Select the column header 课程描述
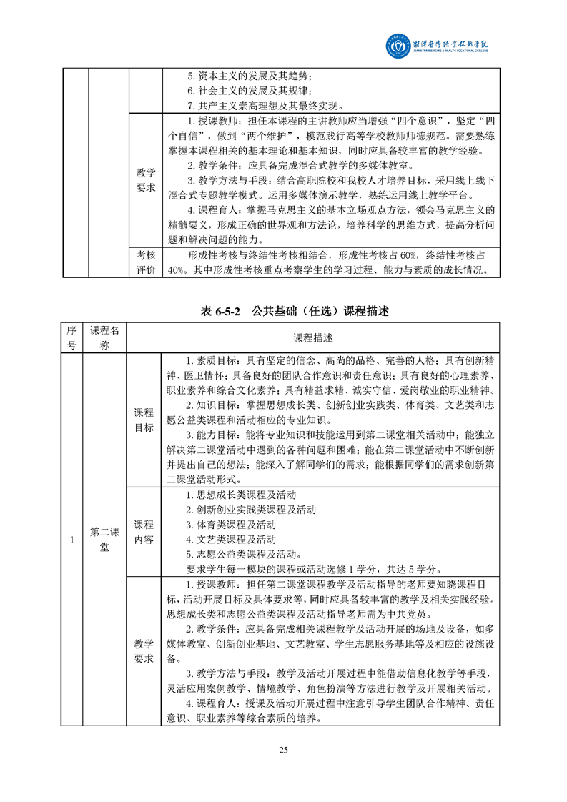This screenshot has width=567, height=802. point(312,337)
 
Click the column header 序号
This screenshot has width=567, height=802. point(71,337)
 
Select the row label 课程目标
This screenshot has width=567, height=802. point(144,420)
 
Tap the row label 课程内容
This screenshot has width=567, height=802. point(144,532)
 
